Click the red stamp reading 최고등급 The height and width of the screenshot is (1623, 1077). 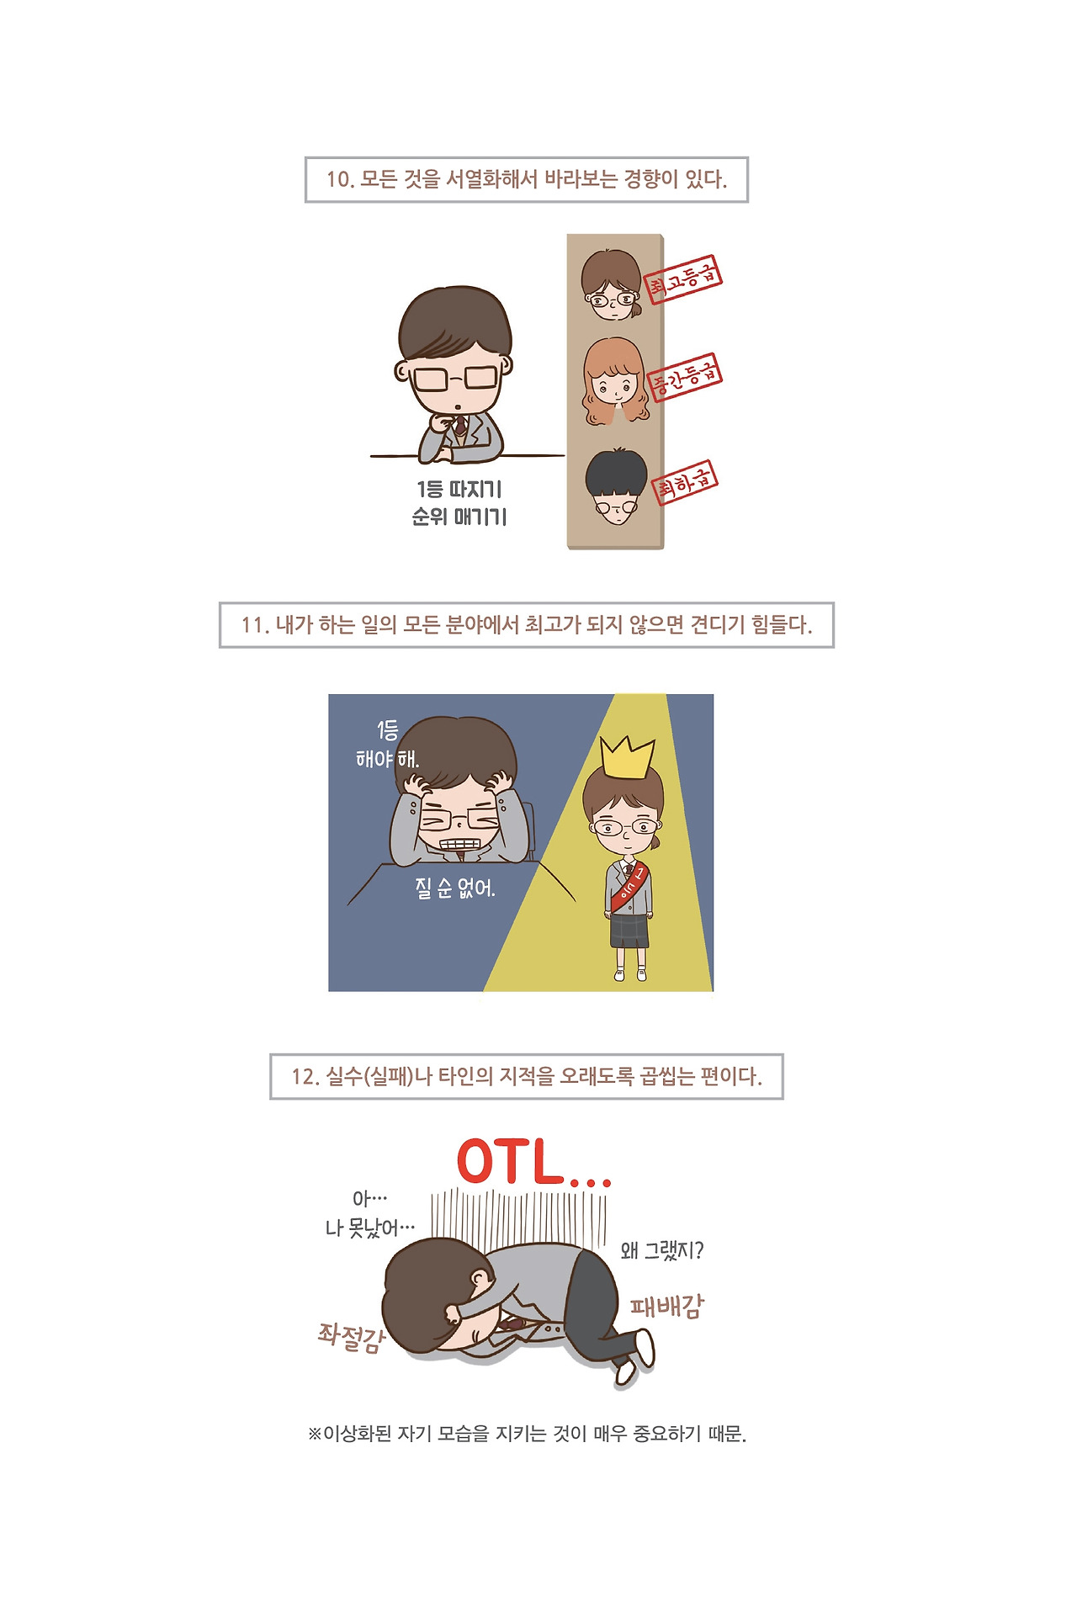[x=683, y=279]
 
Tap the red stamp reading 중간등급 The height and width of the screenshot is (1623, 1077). [x=686, y=377]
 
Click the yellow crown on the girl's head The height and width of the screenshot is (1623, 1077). [x=627, y=757]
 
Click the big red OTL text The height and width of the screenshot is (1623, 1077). [x=533, y=1162]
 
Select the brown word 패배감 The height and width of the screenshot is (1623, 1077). [x=666, y=1305]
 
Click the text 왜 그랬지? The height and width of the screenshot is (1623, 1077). [x=662, y=1250]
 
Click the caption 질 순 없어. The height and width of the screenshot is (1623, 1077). [x=455, y=888]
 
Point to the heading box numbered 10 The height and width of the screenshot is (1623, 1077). [x=527, y=179]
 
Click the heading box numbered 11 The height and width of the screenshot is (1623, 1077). [x=527, y=625]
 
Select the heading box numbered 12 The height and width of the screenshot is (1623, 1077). [x=527, y=1076]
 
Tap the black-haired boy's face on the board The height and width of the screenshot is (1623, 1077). [x=617, y=487]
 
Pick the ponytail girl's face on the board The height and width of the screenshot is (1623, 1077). [x=613, y=285]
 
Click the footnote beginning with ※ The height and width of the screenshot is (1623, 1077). [x=527, y=1433]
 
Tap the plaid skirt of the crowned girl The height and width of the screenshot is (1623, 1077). [x=629, y=931]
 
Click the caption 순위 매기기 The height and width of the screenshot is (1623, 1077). [x=459, y=517]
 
